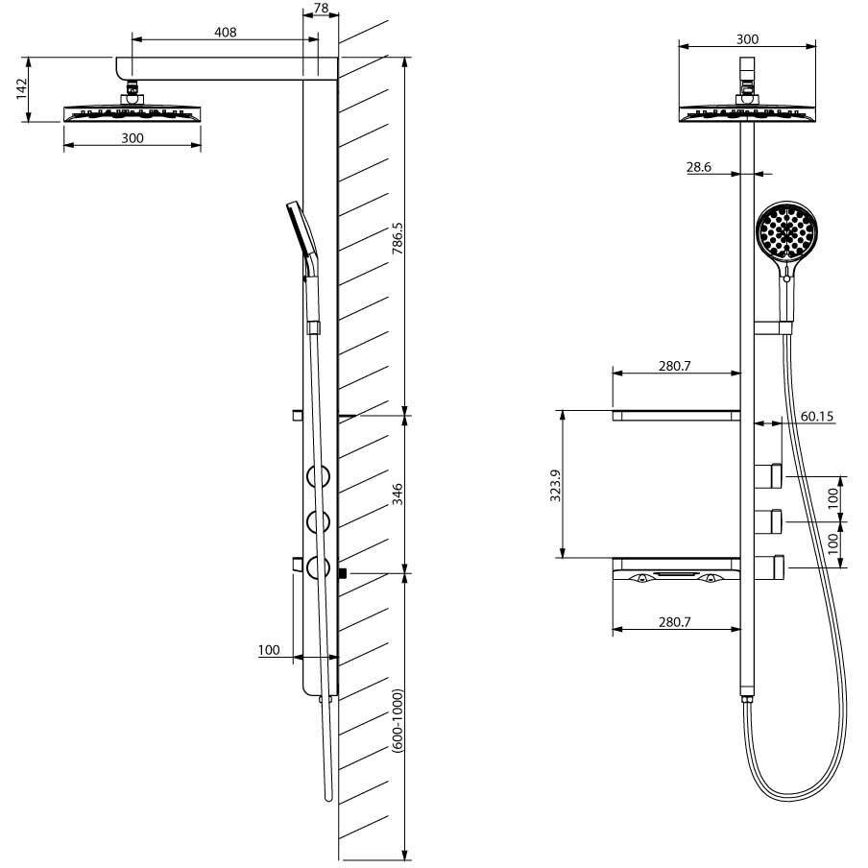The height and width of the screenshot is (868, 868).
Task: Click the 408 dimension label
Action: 226,32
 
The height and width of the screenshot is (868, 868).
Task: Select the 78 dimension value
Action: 321,9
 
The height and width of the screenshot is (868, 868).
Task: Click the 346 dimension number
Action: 397,494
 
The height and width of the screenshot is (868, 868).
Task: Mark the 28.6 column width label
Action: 700,166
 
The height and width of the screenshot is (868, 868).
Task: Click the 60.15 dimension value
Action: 816,417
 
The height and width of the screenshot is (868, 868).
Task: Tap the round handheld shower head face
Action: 788,232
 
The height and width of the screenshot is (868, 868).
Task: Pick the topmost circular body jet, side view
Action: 319,474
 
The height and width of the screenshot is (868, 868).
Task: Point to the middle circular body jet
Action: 319,521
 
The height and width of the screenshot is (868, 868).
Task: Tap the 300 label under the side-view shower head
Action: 133,138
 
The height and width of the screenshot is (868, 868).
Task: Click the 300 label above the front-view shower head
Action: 747,39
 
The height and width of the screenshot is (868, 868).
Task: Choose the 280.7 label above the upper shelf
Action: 675,366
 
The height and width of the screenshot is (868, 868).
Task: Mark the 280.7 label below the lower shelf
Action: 675,622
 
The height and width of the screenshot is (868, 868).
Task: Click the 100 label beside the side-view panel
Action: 269,650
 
